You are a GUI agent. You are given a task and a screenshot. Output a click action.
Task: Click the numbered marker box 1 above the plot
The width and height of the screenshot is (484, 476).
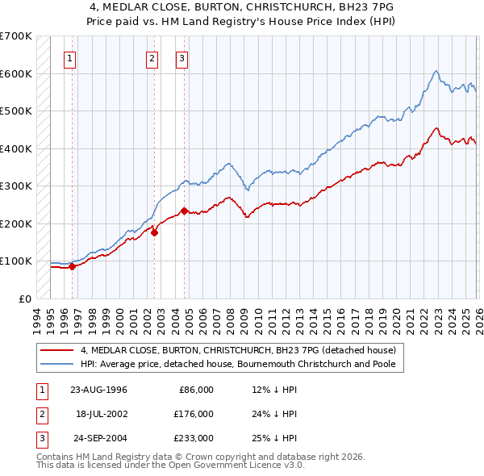pos(71,58)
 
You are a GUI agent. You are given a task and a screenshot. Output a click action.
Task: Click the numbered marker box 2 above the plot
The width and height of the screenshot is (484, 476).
pos(152,58)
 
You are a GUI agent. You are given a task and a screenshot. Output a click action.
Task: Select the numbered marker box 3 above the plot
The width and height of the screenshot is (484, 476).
pos(182,58)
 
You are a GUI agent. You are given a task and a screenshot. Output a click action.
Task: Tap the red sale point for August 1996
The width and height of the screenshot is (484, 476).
pos(72,266)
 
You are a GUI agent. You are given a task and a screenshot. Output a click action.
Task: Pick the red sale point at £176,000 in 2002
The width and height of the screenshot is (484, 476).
pos(153,232)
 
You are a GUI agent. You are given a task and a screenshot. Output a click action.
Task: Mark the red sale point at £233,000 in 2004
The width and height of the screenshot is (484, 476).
pos(184,211)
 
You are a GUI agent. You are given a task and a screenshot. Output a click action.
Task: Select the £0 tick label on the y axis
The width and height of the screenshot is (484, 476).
pos(25,299)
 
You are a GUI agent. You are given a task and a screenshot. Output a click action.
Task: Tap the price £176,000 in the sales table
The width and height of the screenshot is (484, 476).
pos(193,414)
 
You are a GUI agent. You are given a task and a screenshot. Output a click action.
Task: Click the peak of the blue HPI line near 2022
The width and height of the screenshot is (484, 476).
pos(435,72)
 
